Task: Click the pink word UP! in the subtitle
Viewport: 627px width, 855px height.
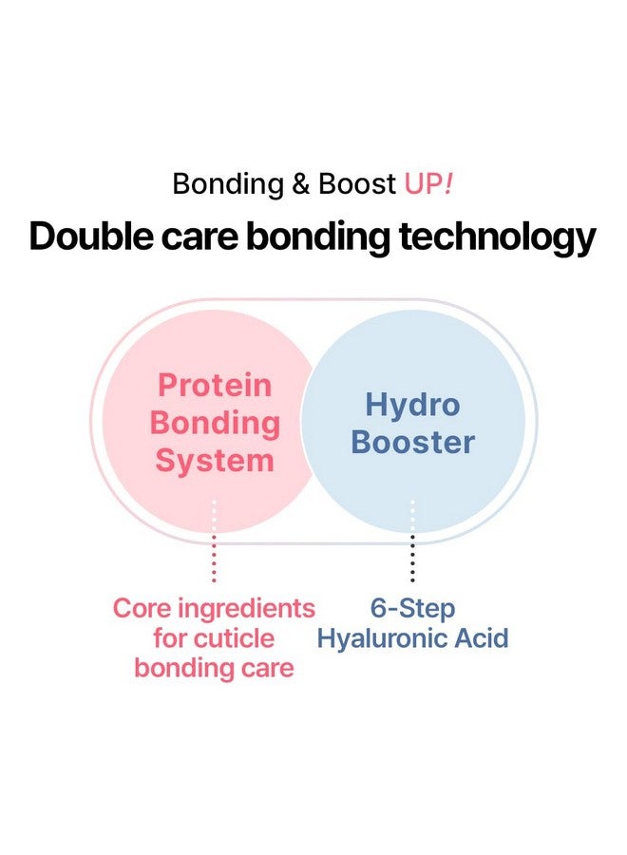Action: pyautogui.click(x=428, y=183)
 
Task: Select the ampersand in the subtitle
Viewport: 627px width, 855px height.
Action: pyautogui.click(x=300, y=184)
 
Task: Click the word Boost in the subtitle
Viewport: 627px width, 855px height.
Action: pyautogui.click(x=356, y=183)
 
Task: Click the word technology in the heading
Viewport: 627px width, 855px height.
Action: pyautogui.click(x=497, y=238)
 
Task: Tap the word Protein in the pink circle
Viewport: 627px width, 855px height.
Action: pyautogui.click(x=215, y=386)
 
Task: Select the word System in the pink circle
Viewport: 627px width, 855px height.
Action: pyautogui.click(x=215, y=462)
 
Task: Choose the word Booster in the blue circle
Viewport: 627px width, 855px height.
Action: pyautogui.click(x=412, y=442)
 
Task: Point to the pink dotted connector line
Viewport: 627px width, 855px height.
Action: pyautogui.click(x=214, y=541)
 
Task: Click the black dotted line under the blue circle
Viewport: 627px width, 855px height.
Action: pyautogui.click(x=412, y=541)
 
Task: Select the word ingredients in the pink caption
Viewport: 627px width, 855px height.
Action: pyautogui.click(x=247, y=610)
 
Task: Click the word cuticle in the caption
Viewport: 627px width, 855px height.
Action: pyautogui.click(x=237, y=638)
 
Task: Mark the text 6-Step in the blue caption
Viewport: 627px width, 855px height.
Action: pyautogui.click(x=412, y=609)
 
